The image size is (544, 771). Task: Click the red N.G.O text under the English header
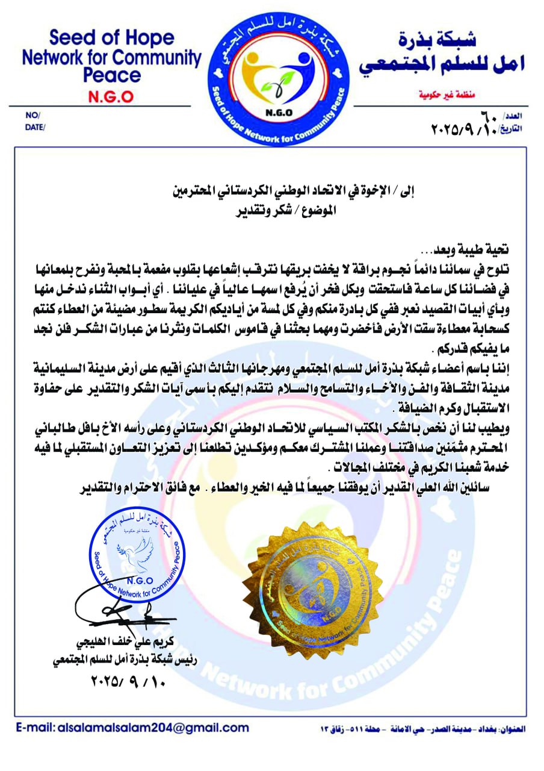tap(111, 96)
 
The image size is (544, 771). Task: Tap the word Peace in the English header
tap(111, 75)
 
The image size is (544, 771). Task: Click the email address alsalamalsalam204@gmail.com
tap(153, 727)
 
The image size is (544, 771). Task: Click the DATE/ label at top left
tap(35, 127)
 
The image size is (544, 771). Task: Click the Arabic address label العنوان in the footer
tap(514, 728)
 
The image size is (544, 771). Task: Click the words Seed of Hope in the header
tap(111, 39)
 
